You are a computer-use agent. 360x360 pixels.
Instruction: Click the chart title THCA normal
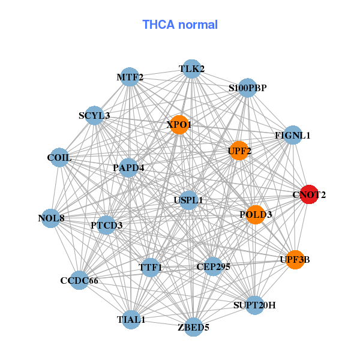click(179, 25)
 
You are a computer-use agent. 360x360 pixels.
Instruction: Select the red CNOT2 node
click(308, 194)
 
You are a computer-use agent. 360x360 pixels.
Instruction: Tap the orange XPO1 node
click(179, 125)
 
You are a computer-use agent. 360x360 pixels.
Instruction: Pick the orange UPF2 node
click(239, 151)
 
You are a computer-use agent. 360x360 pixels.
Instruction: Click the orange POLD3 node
click(256, 214)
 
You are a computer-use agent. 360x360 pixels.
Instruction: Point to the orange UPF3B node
click(295, 259)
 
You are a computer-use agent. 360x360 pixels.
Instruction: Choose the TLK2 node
click(191, 69)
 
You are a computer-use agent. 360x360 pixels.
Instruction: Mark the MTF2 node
click(130, 77)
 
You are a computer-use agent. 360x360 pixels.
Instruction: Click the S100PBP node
click(247, 88)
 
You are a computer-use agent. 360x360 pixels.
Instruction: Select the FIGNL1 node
click(292, 135)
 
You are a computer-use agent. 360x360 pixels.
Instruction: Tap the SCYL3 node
click(94, 115)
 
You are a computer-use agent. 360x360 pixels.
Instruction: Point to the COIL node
click(59, 158)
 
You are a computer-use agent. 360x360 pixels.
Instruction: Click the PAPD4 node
click(128, 167)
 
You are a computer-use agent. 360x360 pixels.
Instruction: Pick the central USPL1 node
click(188, 200)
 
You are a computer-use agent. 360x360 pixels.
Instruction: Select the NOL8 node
click(51, 218)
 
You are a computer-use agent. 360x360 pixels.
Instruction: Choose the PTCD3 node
click(106, 226)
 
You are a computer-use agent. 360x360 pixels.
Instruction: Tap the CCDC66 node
click(79, 280)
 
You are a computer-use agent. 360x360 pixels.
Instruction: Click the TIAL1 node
click(131, 319)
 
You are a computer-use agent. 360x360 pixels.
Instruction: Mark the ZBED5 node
click(193, 327)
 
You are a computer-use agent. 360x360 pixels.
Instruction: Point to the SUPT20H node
click(254, 305)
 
